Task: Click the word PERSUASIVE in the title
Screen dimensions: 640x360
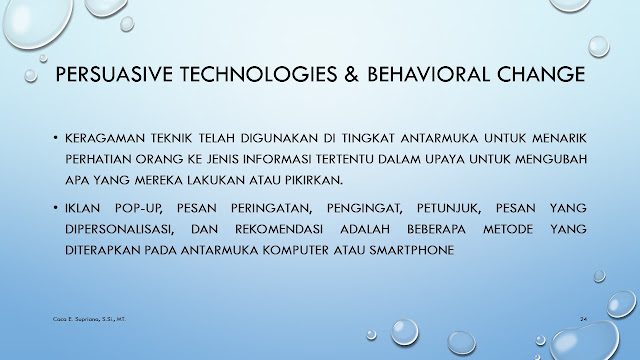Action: point(114,74)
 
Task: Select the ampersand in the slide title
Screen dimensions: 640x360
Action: point(351,74)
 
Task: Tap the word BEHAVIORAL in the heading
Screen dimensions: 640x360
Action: point(428,74)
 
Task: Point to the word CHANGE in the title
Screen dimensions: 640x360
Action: point(541,74)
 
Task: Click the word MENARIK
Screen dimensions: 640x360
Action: point(559,138)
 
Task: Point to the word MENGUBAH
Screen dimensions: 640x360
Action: point(551,159)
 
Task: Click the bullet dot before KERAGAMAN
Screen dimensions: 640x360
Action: point(56,138)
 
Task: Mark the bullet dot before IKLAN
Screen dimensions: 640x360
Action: point(56,208)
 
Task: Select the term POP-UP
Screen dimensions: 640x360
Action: point(139,209)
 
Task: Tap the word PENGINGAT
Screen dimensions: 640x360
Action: point(364,209)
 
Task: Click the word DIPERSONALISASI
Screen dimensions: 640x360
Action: point(120,229)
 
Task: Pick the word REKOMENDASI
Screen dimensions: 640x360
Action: point(279,229)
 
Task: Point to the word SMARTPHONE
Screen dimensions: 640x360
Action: point(411,250)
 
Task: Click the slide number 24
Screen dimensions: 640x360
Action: point(583,319)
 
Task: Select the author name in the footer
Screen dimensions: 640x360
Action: point(89,319)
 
